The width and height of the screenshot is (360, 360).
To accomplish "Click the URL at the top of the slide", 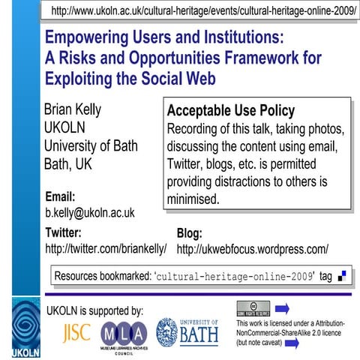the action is coord(203,13).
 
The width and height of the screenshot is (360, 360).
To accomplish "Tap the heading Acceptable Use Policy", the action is coord(231,111).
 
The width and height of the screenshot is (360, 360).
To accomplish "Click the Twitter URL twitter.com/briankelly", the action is coord(106,248).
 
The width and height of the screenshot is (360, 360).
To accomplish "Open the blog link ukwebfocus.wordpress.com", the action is coord(253,248).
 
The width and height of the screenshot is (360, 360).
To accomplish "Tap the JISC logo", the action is coord(76,331).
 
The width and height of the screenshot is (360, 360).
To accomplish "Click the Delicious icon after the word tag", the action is coord(342,276).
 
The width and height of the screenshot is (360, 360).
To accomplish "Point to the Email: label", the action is coord(61,196).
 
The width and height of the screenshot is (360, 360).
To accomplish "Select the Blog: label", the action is coord(189,232).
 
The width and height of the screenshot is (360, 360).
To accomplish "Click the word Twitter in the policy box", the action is coord(186,163).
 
